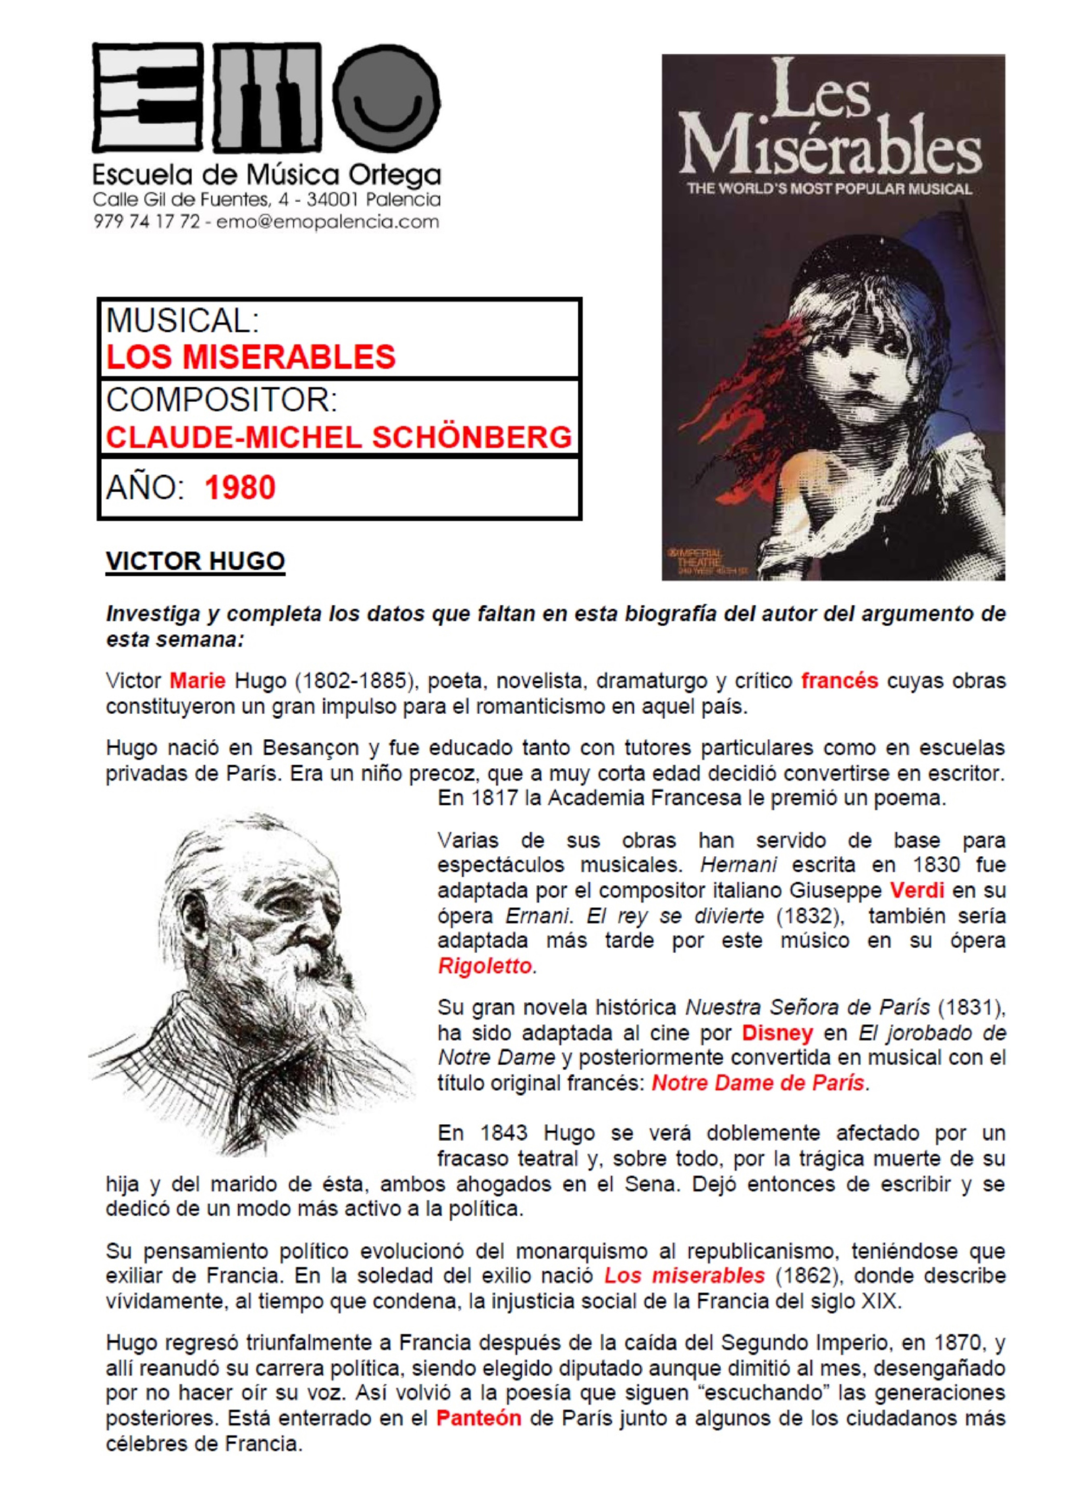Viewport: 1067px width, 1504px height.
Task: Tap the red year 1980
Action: (240, 488)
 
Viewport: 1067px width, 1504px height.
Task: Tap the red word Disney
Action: (777, 1033)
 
